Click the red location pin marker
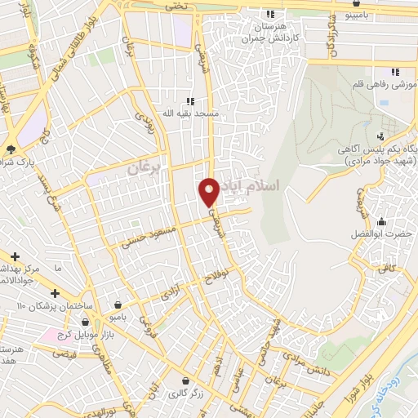209,191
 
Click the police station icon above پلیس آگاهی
380,136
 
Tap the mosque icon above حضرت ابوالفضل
381,221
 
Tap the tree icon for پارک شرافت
10,149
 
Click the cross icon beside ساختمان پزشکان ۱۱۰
55,293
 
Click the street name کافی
386,267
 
